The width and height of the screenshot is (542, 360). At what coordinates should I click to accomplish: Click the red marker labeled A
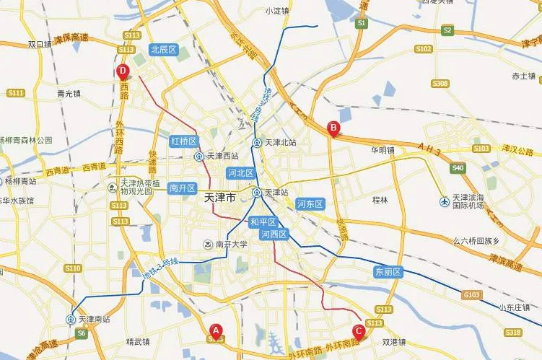pos(215,331)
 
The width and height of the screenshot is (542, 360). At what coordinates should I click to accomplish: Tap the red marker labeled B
pos(333,128)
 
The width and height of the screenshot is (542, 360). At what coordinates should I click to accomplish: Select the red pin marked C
pos(358,331)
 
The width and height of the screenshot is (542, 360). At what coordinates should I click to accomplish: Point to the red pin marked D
pos(123,71)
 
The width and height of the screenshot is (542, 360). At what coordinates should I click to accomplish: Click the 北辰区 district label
pos(163,50)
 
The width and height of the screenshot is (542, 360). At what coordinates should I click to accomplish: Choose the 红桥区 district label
pos(183,141)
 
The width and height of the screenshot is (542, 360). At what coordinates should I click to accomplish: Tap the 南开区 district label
pos(182,188)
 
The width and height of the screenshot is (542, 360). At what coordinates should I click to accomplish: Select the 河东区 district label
pos(310,203)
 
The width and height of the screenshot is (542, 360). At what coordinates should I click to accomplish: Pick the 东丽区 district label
pos(388,272)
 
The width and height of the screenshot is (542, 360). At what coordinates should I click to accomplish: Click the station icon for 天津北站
pos(257,143)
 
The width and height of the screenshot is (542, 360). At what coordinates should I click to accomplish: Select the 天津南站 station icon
pos(71,319)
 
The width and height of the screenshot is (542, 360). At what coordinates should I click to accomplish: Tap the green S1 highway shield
pos(362,24)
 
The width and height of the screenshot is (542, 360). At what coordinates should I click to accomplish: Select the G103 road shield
pos(471,294)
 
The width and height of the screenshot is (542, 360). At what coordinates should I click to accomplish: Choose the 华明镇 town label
pos(383,151)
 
